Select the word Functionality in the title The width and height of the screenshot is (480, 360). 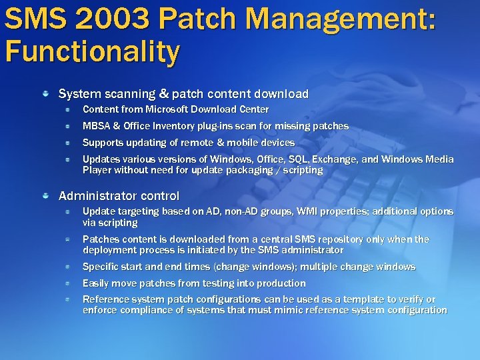[91, 51]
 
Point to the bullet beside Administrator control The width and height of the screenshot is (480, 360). [45, 195]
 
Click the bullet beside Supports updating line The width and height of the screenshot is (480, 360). [67, 143]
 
